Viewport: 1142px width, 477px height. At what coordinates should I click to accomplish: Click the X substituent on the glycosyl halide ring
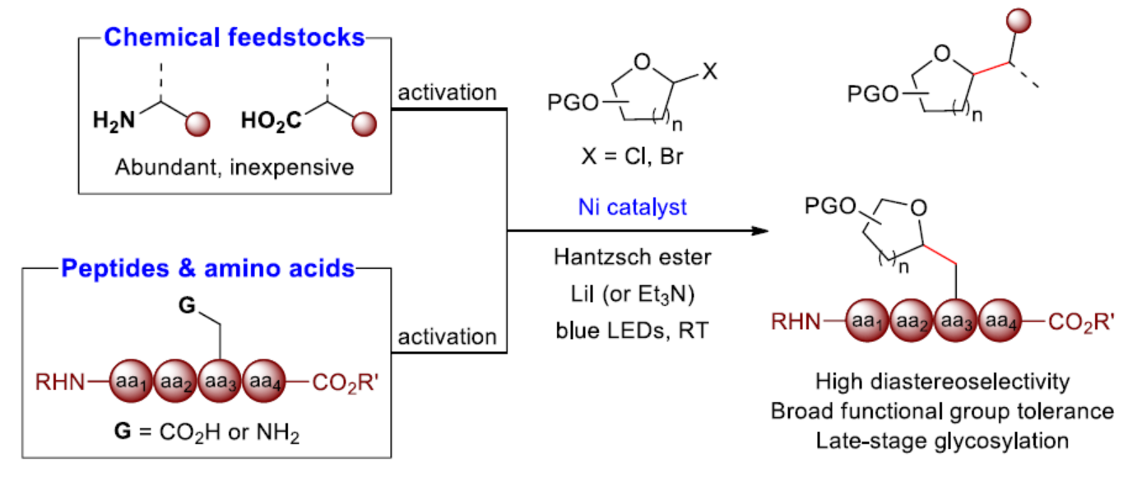(710, 75)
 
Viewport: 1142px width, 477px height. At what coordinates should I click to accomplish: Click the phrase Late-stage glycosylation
(942, 440)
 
